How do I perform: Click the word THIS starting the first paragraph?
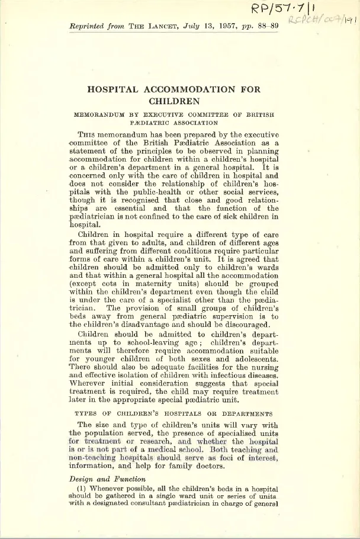click(x=88, y=135)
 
